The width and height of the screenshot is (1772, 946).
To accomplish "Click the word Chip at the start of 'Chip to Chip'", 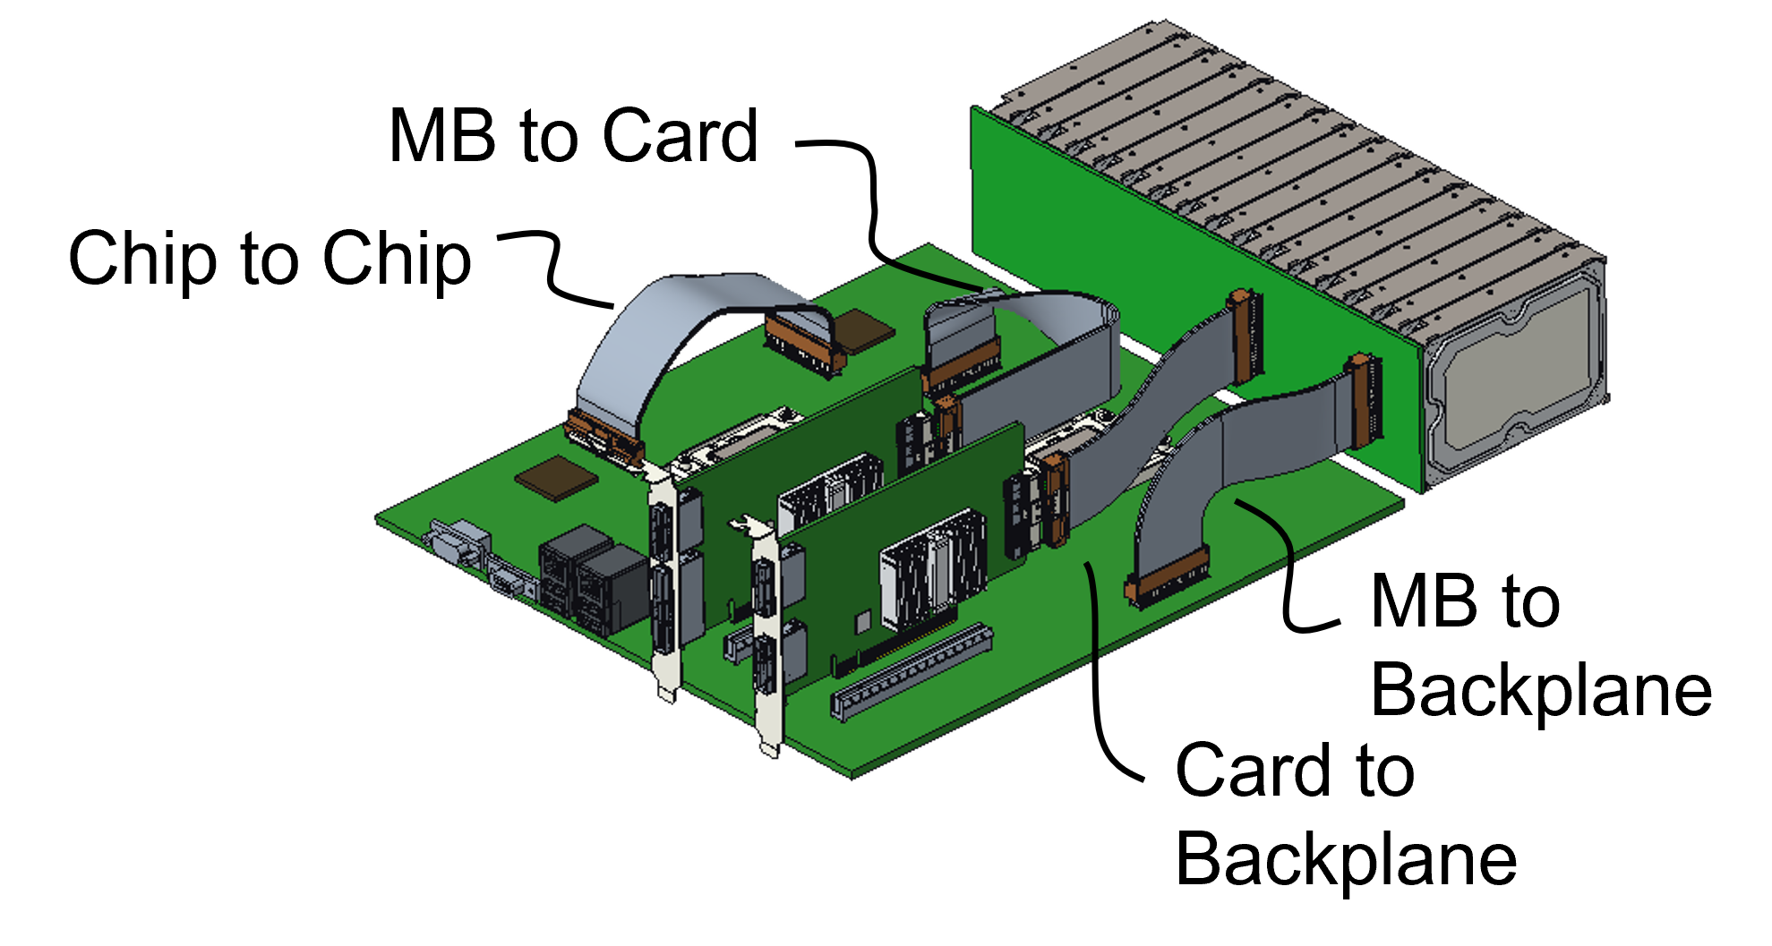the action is click(x=141, y=259).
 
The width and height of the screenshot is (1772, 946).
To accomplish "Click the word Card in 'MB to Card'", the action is click(x=681, y=136).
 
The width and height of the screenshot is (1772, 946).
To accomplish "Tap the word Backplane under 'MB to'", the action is click(x=1541, y=691).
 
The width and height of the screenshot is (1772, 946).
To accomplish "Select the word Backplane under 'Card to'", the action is click(x=1346, y=858).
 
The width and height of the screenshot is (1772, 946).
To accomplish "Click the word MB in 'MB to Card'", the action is click(x=442, y=136).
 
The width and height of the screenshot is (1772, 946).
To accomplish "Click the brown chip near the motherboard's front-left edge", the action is click(x=555, y=477).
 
